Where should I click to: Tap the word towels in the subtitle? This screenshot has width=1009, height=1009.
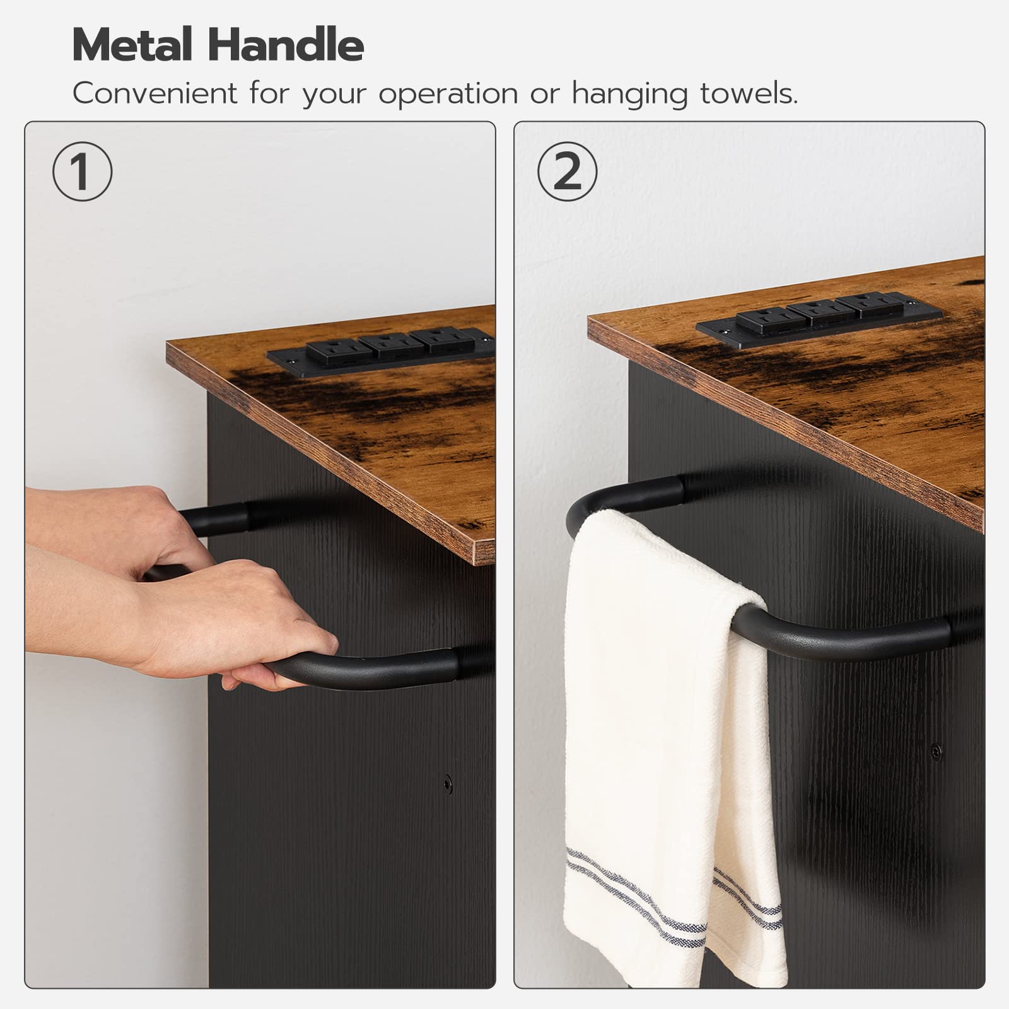(x=749, y=93)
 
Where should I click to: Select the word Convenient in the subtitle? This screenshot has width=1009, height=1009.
(x=155, y=93)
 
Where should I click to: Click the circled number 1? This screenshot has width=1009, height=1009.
(x=82, y=172)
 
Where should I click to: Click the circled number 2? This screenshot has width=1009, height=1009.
(x=568, y=172)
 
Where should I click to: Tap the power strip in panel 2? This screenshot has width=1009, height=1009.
(x=820, y=318)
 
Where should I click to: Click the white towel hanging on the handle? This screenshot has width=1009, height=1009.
(x=668, y=744)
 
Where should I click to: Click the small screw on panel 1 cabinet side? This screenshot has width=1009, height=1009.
(x=448, y=784)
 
